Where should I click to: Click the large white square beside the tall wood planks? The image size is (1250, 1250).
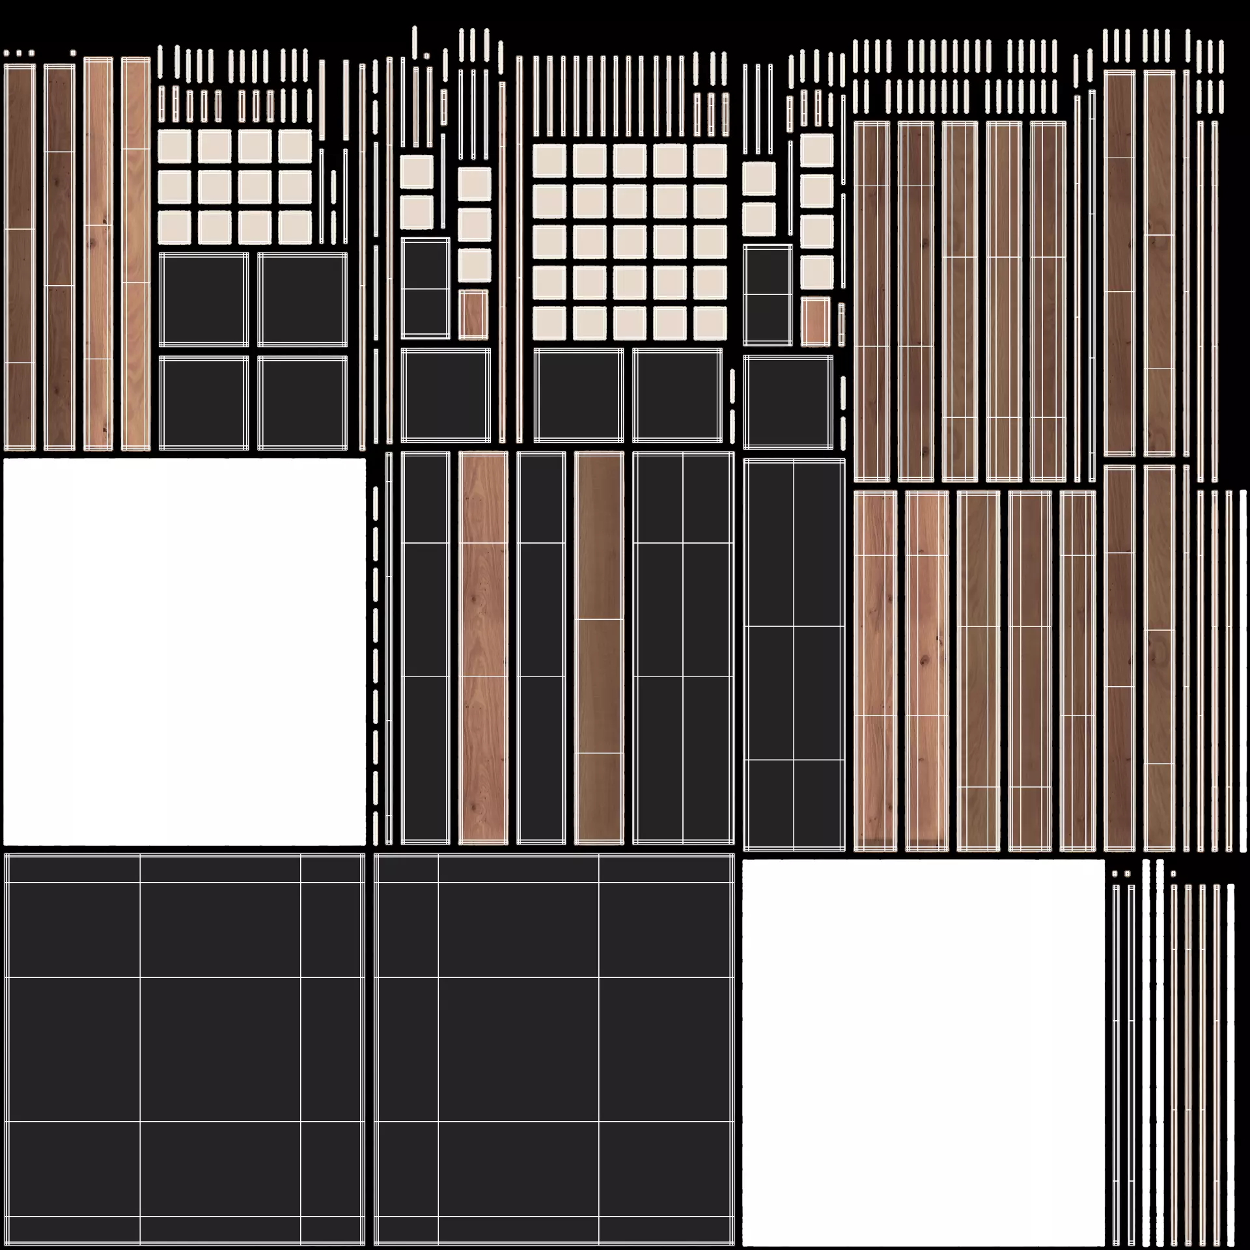[x=184, y=651]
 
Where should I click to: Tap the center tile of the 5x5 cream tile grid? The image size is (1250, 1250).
[x=630, y=242]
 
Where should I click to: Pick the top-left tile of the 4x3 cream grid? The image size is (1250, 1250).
[x=174, y=146]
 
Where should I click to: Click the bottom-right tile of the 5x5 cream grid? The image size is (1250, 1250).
[x=710, y=323]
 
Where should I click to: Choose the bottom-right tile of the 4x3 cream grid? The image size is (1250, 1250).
[x=295, y=227]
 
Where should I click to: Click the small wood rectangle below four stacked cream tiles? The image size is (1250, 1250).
[x=473, y=314]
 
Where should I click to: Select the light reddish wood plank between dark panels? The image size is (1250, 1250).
[x=483, y=648]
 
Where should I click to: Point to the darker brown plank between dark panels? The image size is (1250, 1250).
[x=599, y=648]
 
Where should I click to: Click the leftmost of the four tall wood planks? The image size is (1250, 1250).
[x=20, y=257]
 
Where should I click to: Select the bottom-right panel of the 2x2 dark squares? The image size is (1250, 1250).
[x=303, y=402]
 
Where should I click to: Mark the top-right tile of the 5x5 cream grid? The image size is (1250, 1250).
[x=710, y=161]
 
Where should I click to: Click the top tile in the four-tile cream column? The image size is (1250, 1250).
[x=474, y=184]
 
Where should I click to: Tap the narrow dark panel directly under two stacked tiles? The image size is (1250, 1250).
[x=425, y=288]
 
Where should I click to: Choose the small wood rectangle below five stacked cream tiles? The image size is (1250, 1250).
[x=816, y=322]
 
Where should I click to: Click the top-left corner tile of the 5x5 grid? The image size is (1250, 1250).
[x=549, y=161]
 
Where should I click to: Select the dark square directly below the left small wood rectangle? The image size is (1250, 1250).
[x=446, y=395]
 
